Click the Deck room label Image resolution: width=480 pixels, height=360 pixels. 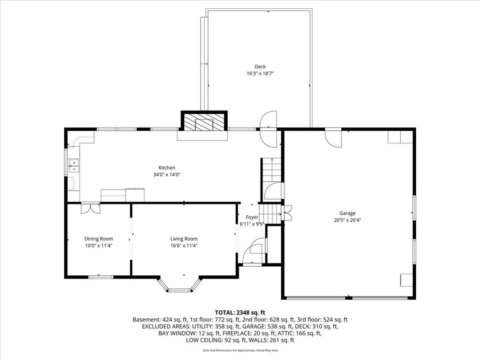coord(260,67)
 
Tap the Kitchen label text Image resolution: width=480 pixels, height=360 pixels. coord(166,168)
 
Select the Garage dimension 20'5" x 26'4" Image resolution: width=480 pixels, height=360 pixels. coord(347,220)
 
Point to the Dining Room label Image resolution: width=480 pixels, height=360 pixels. coord(98,239)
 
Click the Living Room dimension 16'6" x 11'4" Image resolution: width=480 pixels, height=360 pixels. coord(184,246)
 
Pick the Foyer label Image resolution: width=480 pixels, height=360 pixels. coord(252,217)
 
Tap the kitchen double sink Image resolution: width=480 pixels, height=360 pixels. coord(74,166)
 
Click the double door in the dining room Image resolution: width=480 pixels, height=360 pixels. coord(90,208)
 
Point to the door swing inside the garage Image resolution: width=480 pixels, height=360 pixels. coord(333,138)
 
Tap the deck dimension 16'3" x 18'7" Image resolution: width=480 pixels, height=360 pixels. coord(260,74)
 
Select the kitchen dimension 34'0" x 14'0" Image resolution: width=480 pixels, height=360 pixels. coord(167,175)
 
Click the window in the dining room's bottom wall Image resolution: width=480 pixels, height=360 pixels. coord(101,277)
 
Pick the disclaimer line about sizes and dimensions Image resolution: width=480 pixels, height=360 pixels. coord(240,350)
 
